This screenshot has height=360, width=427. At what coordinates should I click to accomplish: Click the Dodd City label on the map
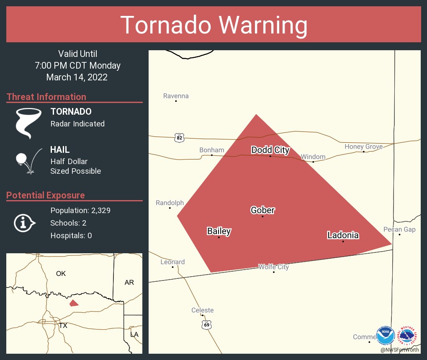pos(270,150)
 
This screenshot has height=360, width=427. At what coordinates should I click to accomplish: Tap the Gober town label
pos(262,210)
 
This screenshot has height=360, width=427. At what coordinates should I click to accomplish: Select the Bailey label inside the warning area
pos(219,231)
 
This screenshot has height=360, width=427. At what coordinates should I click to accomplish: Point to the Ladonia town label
pos(343,235)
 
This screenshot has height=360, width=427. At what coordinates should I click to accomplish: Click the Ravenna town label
pos(176,96)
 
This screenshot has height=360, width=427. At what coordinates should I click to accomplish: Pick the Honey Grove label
pos(363,147)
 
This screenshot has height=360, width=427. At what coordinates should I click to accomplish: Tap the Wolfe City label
pos(273,267)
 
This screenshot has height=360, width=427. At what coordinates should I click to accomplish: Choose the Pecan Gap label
pos(399,229)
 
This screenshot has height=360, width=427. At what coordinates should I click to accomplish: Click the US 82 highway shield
pos(179,137)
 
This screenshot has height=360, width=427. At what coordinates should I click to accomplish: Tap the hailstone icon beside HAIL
pos(22,159)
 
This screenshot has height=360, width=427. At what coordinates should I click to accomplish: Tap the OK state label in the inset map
pos(61,273)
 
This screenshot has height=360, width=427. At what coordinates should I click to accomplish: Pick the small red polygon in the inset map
pos(74,303)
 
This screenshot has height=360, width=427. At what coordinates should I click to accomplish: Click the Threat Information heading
pos(46,97)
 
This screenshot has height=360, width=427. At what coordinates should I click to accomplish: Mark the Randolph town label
pos(170,203)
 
